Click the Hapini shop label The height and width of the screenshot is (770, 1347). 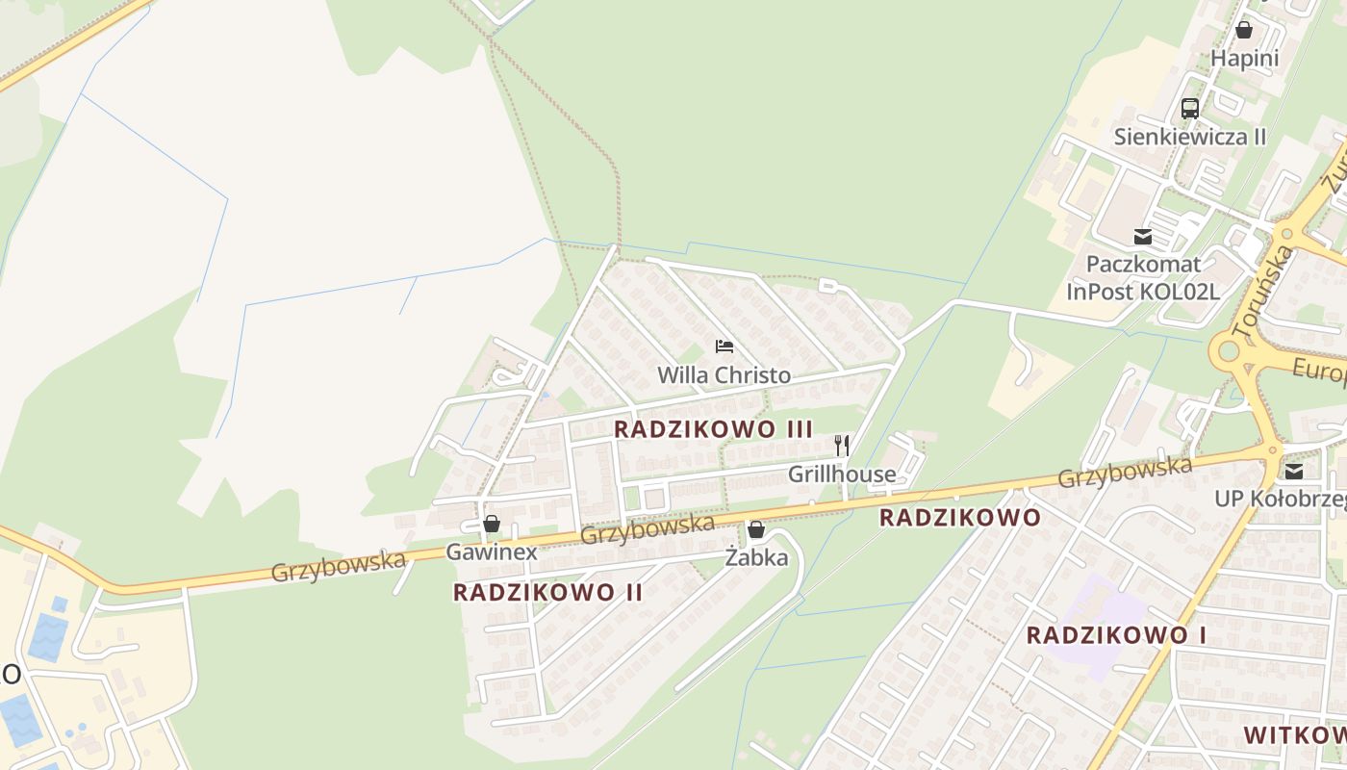(1244, 58)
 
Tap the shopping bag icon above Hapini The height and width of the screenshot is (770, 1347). (1243, 30)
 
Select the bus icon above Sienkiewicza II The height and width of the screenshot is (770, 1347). (1190, 108)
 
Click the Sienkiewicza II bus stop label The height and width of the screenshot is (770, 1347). (1190, 137)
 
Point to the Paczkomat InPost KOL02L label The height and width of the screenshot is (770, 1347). (1143, 277)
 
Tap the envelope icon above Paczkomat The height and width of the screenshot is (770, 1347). (1143, 237)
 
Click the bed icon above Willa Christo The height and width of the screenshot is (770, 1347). (724, 346)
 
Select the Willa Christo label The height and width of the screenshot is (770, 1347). (724, 375)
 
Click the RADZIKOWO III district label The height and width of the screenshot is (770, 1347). (713, 429)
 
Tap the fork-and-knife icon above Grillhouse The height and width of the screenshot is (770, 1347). (842, 445)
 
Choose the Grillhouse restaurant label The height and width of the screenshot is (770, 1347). (842, 475)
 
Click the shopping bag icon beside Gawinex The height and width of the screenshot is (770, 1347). (492, 525)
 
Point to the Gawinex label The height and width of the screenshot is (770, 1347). (491, 552)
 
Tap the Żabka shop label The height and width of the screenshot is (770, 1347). (756, 557)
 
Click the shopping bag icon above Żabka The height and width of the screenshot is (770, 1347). (756, 529)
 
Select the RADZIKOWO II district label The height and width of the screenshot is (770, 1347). (547, 592)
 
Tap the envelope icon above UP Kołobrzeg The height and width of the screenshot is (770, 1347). (1294, 471)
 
